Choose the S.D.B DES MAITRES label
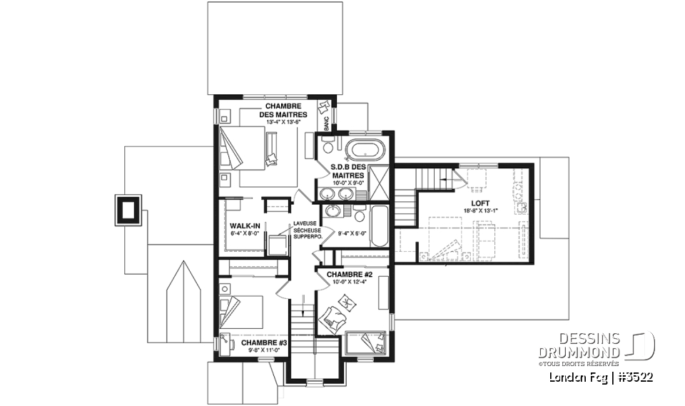(x=347, y=171)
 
